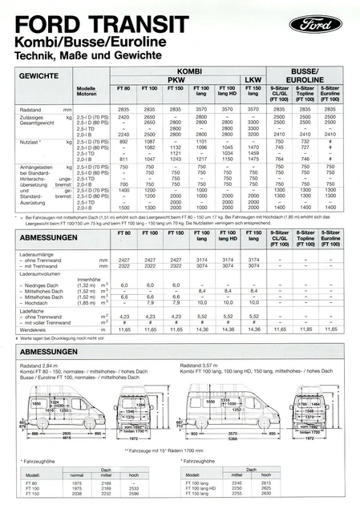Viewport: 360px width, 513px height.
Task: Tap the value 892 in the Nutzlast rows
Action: (123, 140)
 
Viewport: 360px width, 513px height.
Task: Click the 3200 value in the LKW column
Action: (254, 134)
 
